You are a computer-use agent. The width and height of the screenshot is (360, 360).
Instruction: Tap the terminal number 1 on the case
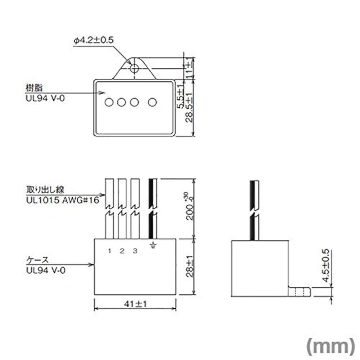click(109, 251)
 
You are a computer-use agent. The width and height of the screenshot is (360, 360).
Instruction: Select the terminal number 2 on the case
click(122, 251)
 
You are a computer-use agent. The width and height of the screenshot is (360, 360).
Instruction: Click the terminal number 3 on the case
click(134, 251)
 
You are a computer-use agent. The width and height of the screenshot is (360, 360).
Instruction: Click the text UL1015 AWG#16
click(62, 200)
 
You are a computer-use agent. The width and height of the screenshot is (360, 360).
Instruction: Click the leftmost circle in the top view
click(108, 103)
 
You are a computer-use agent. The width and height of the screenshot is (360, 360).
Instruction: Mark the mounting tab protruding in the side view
click(300, 291)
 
